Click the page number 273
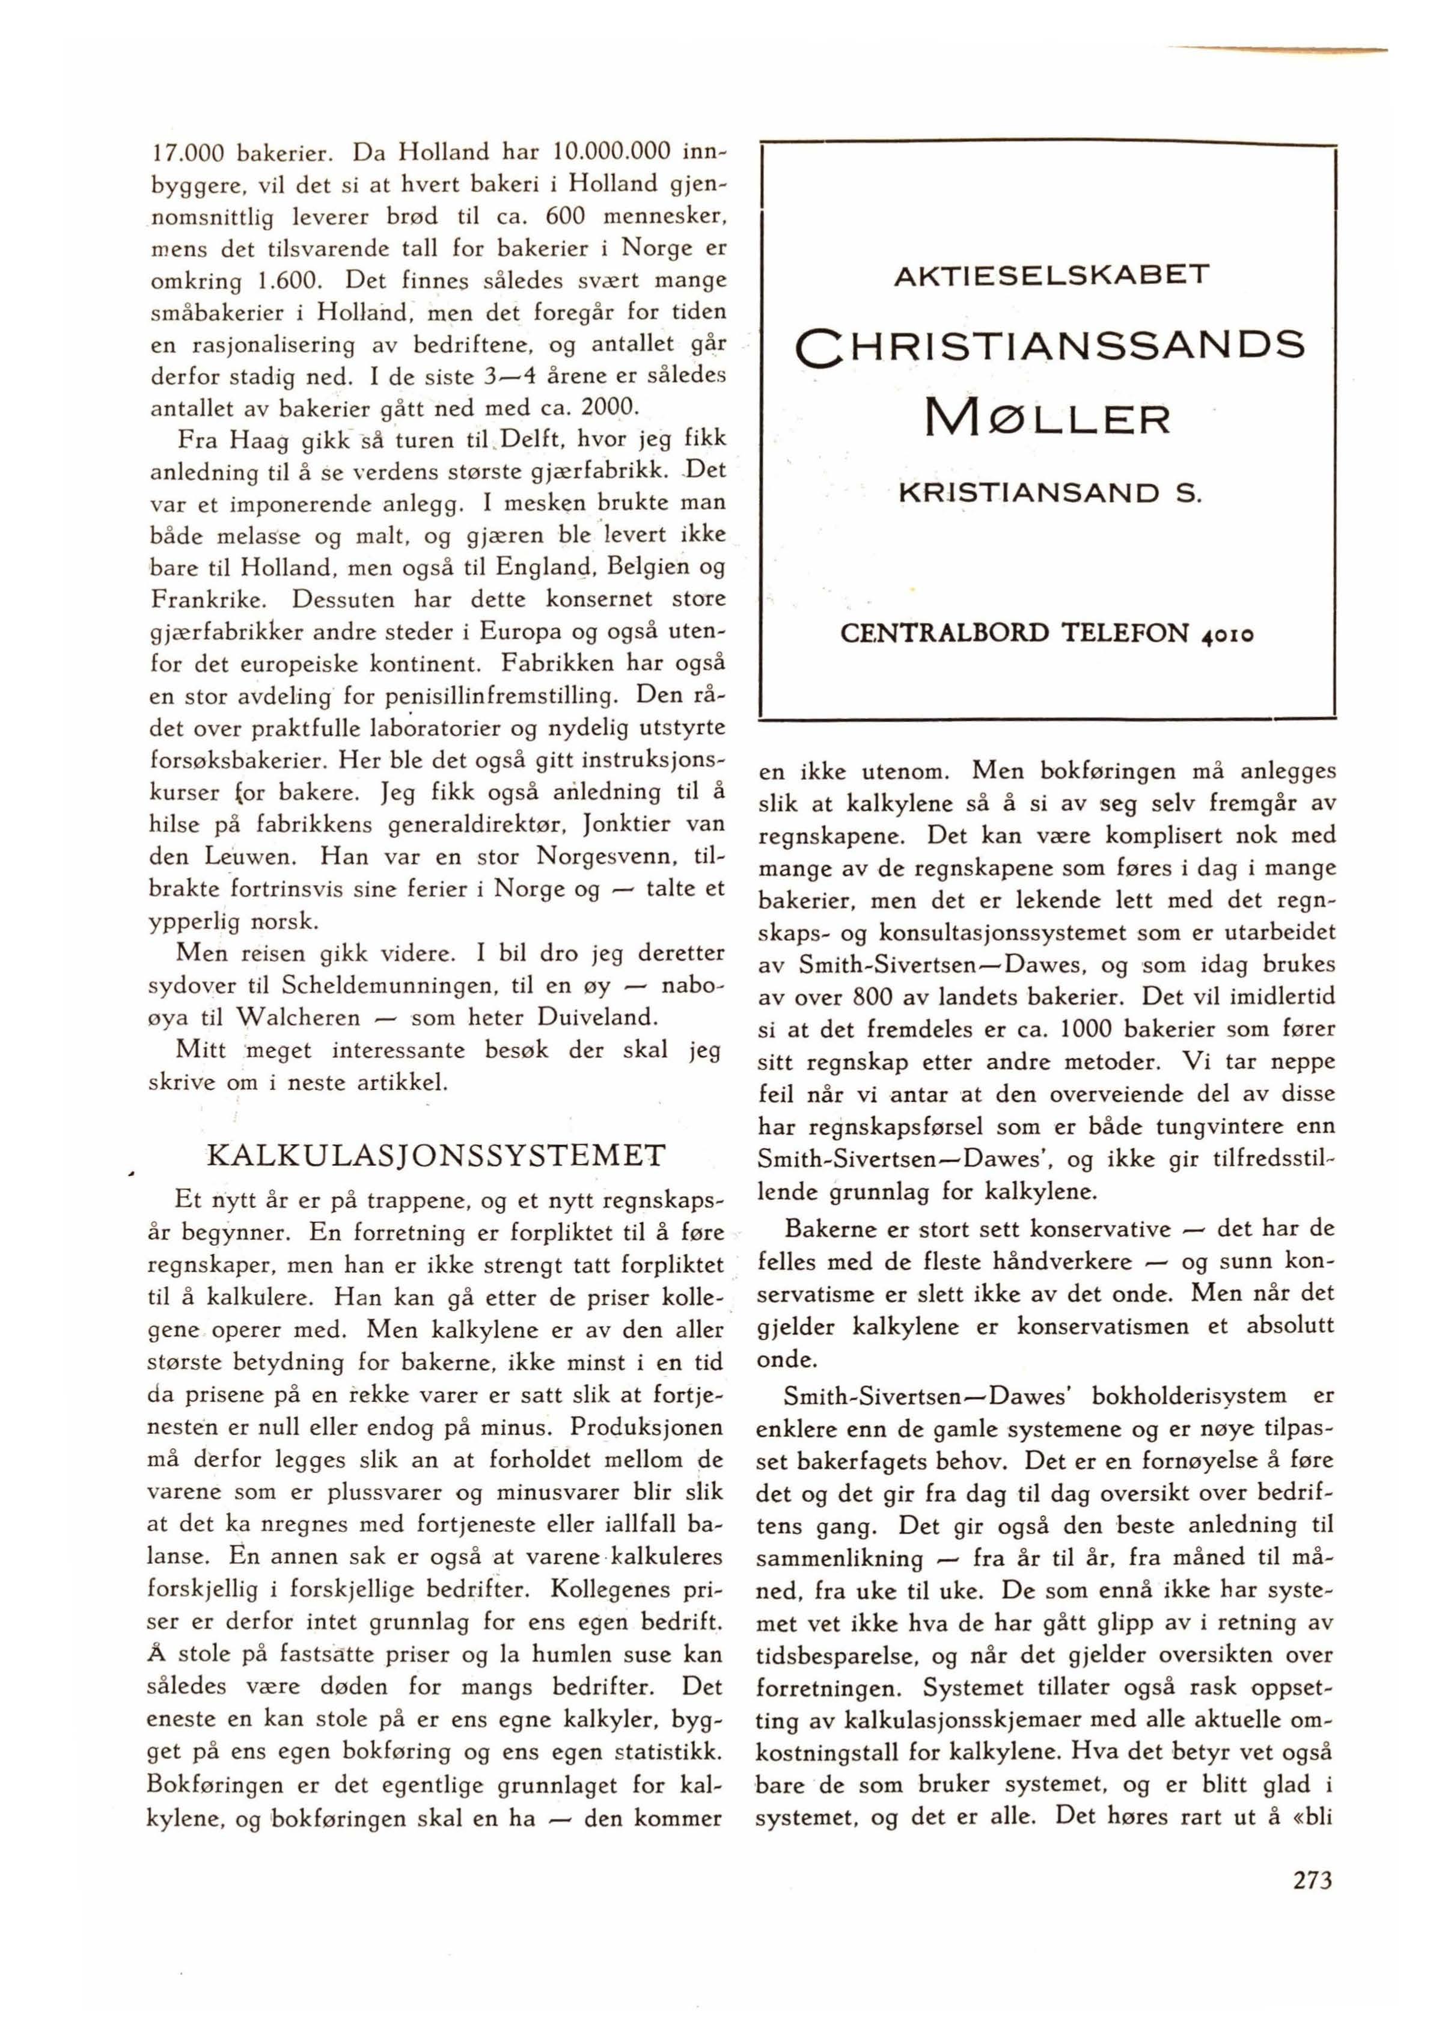1312,1880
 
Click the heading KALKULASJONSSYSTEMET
436,1156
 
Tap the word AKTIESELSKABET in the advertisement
1050,273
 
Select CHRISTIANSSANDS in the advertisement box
1050,345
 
